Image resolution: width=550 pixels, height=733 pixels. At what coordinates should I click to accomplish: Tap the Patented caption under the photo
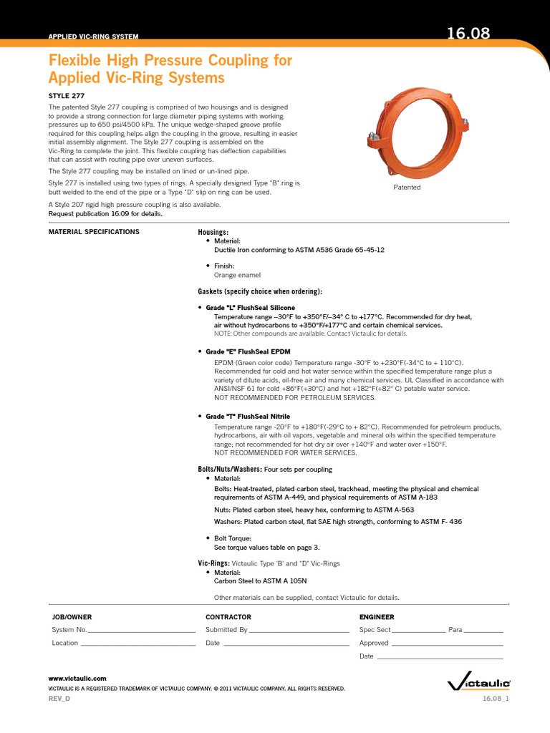coord(407,188)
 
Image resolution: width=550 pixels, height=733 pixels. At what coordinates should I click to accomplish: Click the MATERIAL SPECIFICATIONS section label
coord(94,232)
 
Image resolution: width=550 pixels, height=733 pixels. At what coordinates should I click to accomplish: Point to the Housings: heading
coord(213,233)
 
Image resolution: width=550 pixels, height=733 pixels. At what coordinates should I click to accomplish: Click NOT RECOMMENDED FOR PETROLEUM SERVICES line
coord(295,397)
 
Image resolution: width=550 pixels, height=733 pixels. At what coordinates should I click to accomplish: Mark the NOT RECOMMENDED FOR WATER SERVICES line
coord(286,452)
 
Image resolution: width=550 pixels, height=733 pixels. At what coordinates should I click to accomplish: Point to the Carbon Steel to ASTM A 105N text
coord(261,581)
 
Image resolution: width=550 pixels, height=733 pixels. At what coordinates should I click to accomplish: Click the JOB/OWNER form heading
coord(72,617)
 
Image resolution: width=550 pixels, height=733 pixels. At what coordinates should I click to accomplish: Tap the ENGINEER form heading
coord(377,617)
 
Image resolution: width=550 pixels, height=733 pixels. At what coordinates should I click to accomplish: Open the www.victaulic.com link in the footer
coord(77,678)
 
